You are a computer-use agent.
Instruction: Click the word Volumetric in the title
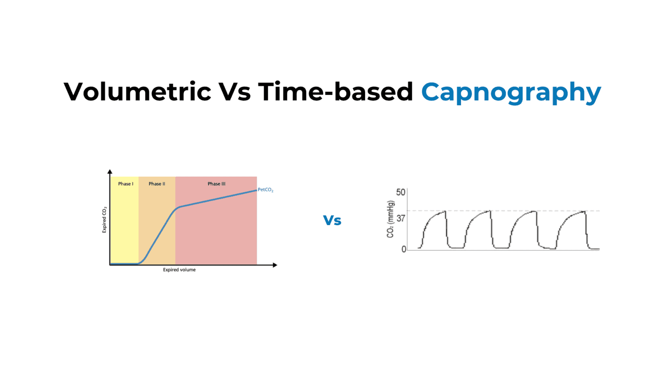pyautogui.click(x=137, y=92)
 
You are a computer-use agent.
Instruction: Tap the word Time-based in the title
pyautogui.click(x=336, y=92)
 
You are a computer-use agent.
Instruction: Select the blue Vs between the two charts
pyautogui.click(x=332, y=220)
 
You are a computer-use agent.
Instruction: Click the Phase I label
pyautogui.click(x=126, y=184)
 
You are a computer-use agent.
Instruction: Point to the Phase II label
pyautogui.click(x=157, y=184)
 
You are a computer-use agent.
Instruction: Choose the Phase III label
pyautogui.click(x=216, y=184)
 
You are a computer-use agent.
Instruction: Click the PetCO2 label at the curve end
pyautogui.click(x=265, y=190)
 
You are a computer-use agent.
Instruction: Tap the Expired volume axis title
pyautogui.click(x=179, y=270)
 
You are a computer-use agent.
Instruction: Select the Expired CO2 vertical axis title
pyautogui.click(x=104, y=220)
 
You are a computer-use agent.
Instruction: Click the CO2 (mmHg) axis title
pyautogui.click(x=391, y=219)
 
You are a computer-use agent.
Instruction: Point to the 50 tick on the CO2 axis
pyautogui.click(x=401, y=192)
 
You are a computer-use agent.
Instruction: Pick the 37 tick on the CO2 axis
pyautogui.click(x=401, y=218)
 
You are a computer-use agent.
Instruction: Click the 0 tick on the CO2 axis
pyautogui.click(x=404, y=249)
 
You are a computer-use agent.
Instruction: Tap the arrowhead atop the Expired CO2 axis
pyautogui.click(x=110, y=172)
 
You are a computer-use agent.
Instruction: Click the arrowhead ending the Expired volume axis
pyautogui.click(x=274, y=265)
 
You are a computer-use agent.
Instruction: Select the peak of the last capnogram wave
pyautogui.click(x=584, y=211)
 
